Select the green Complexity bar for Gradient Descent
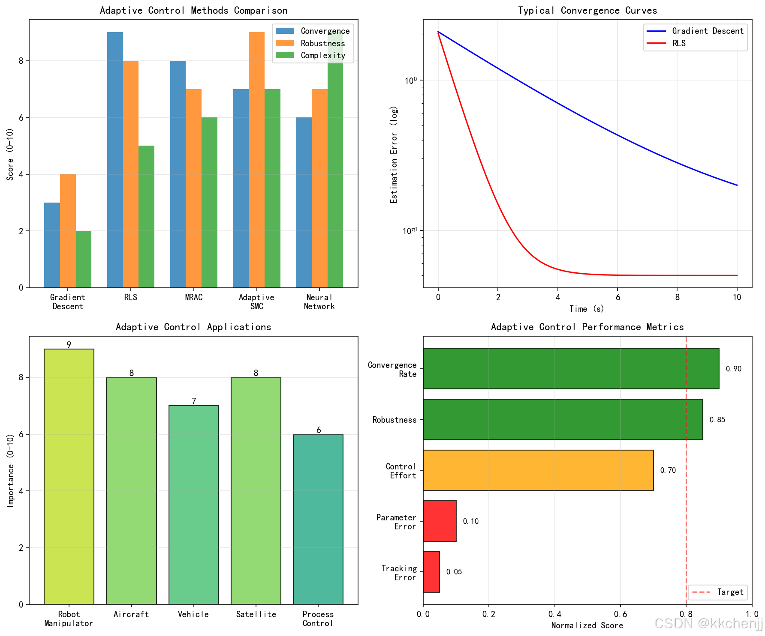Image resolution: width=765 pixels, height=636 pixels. click(84, 259)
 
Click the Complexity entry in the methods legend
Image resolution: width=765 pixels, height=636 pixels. click(322, 55)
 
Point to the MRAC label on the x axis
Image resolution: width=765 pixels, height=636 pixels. click(193, 297)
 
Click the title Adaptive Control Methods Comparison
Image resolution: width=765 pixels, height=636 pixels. click(193, 10)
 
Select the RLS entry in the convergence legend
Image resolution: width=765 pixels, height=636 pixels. click(678, 43)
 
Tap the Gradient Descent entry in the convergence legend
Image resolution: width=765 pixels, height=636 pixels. click(707, 31)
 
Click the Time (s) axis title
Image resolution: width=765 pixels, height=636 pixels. click(587, 309)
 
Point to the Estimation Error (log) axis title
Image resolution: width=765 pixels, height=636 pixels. click(394, 154)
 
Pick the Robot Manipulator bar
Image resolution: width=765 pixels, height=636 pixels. click(69, 476)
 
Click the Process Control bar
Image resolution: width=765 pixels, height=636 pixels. click(318, 519)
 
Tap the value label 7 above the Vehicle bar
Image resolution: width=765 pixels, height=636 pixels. click(194, 401)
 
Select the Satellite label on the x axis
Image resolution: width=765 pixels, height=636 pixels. click(256, 614)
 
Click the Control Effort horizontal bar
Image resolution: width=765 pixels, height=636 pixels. click(538, 470)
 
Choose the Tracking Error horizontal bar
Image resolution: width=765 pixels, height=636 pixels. click(431, 572)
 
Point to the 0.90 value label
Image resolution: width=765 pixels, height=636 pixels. click(733, 369)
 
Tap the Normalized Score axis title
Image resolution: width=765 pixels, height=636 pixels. click(587, 625)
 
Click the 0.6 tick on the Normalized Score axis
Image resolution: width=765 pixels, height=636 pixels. click(620, 614)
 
